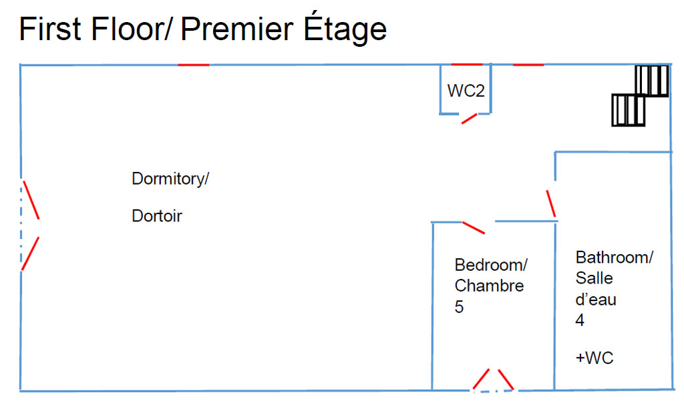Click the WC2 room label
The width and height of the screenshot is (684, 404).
click(466, 91)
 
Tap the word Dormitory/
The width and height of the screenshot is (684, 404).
click(170, 179)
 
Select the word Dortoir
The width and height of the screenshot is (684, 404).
click(157, 216)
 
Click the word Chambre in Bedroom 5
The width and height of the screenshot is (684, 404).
click(489, 286)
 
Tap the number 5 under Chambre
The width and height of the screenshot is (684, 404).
click(459, 307)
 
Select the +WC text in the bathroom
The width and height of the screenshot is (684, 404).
click(594, 358)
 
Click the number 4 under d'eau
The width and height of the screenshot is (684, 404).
click(580, 320)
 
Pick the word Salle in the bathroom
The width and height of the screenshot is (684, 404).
click(594, 278)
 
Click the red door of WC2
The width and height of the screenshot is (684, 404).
click(470, 118)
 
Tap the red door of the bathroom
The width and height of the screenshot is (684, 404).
click(551, 203)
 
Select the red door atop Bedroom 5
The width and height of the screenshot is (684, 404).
click(474, 228)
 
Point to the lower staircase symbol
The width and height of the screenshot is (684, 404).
click(629, 110)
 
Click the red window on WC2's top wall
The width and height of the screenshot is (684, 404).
click(467, 65)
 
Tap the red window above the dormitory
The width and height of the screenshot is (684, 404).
click(194, 65)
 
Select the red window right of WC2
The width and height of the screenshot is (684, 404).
click(528, 65)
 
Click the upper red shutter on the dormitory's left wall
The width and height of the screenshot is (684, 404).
click(31, 200)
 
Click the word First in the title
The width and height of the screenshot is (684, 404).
click(50, 29)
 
